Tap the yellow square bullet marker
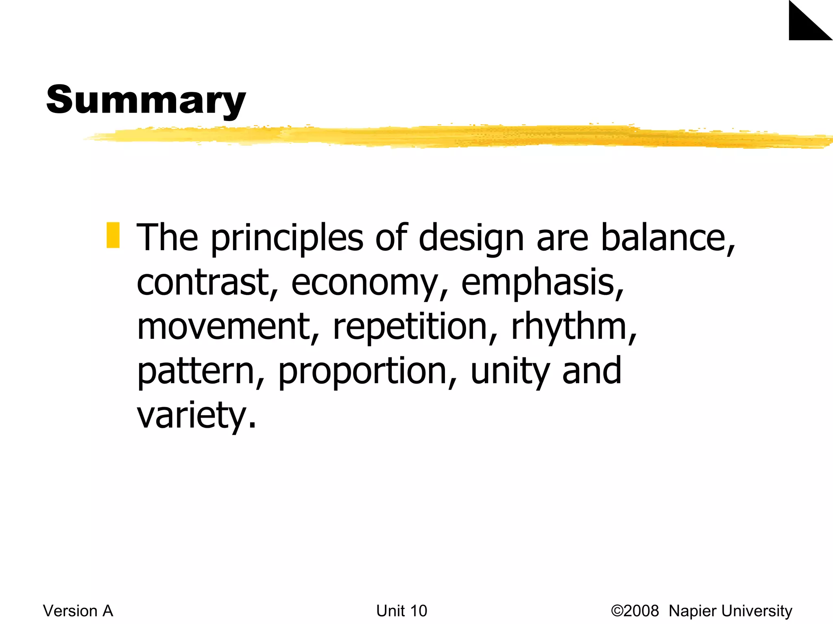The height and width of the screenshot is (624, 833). [x=113, y=235]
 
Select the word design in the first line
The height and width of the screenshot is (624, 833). [x=471, y=238]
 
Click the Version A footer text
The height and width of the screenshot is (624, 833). [x=78, y=611]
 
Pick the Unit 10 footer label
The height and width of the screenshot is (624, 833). [x=401, y=611]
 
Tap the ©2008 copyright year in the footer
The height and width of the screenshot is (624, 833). [x=635, y=611]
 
